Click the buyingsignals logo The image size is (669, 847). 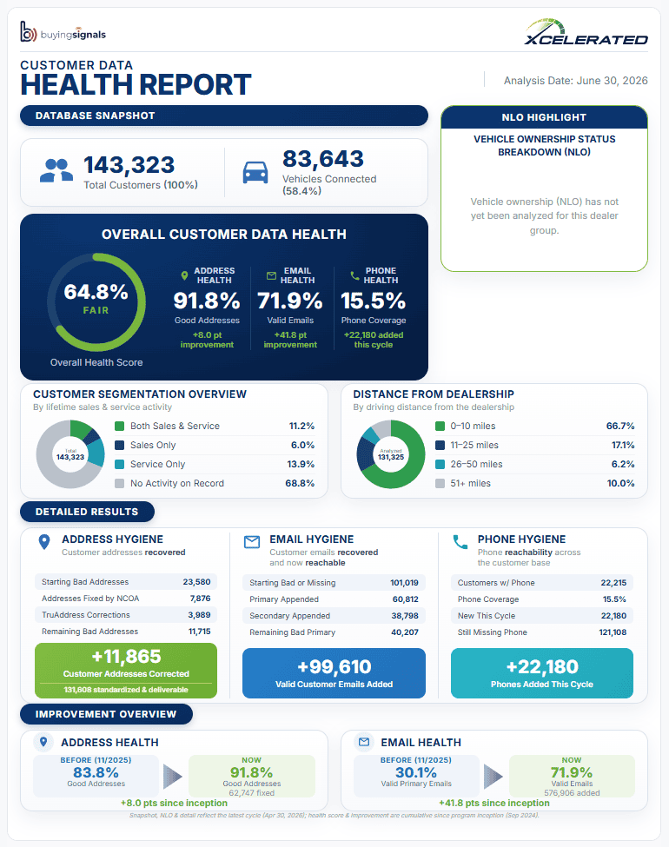63,32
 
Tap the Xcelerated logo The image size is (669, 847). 586,32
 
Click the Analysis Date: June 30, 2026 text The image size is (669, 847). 575,81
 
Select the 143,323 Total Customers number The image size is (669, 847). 129,165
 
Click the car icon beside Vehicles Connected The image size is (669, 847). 255,172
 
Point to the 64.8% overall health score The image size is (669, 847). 96,292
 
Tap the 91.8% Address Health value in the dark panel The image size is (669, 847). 207,301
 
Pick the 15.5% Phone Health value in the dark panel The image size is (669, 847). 373,301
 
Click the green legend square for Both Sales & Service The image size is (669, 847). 119,427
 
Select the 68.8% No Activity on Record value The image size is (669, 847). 300,484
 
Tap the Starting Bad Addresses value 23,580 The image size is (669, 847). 196,582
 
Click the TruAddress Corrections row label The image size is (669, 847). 86,615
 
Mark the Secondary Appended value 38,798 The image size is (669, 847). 405,616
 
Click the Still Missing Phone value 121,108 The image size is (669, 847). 613,632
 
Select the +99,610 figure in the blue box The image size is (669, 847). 334,667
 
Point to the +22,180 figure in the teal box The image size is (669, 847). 542,667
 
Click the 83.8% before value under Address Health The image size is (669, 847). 96,772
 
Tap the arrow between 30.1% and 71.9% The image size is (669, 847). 493,777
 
